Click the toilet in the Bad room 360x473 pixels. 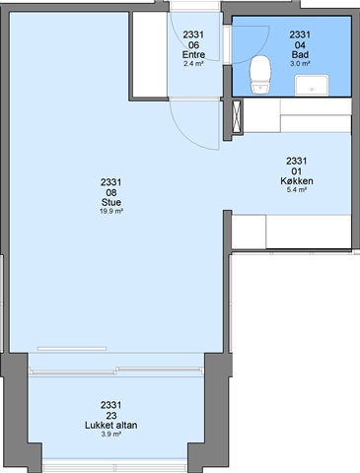(x=260, y=75)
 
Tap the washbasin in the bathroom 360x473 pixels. (x=312, y=85)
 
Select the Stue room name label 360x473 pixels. (x=111, y=202)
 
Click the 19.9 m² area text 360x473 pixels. (x=111, y=211)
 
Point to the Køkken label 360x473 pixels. (x=297, y=181)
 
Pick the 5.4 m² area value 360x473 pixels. (x=297, y=190)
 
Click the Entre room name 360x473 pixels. (x=193, y=54)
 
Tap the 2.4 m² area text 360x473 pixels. (x=193, y=63)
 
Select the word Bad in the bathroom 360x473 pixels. (x=300, y=54)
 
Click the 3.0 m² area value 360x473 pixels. (x=300, y=63)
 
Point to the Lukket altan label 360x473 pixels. (x=111, y=425)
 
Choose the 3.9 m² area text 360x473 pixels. (x=111, y=435)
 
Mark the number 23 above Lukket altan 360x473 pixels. (x=111, y=415)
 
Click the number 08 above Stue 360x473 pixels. (x=111, y=192)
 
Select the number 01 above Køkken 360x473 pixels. (x=297, y=171)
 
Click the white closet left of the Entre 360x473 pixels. (x=150, y=54)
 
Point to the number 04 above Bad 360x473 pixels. (x=300, y=44)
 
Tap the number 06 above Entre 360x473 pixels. (x=193, y=44)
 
